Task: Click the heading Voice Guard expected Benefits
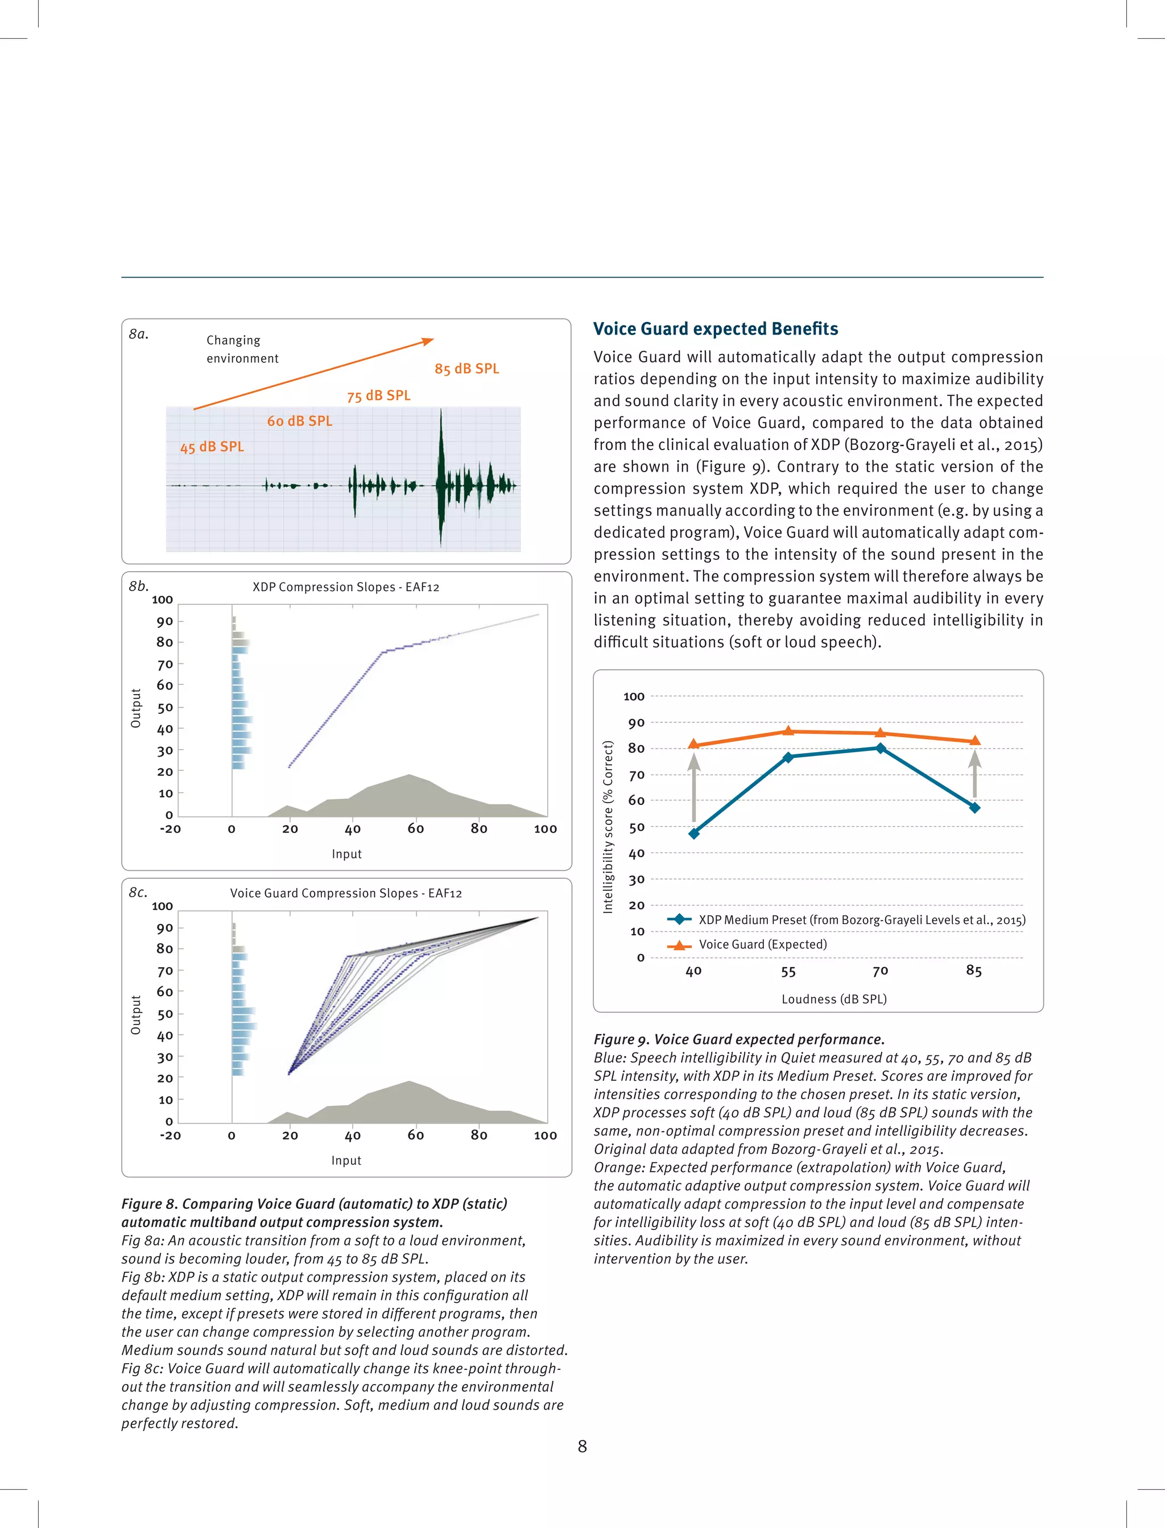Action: tap(716, 329)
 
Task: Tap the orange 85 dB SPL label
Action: tap(466, 369)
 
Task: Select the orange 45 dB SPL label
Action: tap(212, 447)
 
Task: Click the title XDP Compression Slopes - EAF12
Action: tap(345, 587)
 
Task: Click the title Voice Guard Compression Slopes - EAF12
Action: tap(345, 894)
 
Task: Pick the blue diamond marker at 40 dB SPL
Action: tap(694, 833)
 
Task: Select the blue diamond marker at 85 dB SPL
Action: tap(974, 808)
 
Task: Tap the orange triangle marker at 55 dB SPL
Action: tap(788, 731)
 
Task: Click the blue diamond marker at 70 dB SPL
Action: tap(880, 748)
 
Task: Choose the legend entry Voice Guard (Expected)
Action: tap(762, 944)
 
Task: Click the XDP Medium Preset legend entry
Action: tap(861, 920)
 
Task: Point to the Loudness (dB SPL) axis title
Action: tap(833, 999)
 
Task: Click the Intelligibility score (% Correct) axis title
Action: tap(608, 827)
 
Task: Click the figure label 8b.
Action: tap(139, 586)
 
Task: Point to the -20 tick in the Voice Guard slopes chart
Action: tap(170, 1135)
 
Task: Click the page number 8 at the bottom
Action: tap(582, 1446)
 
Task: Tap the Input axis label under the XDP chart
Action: tap(346, 854)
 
